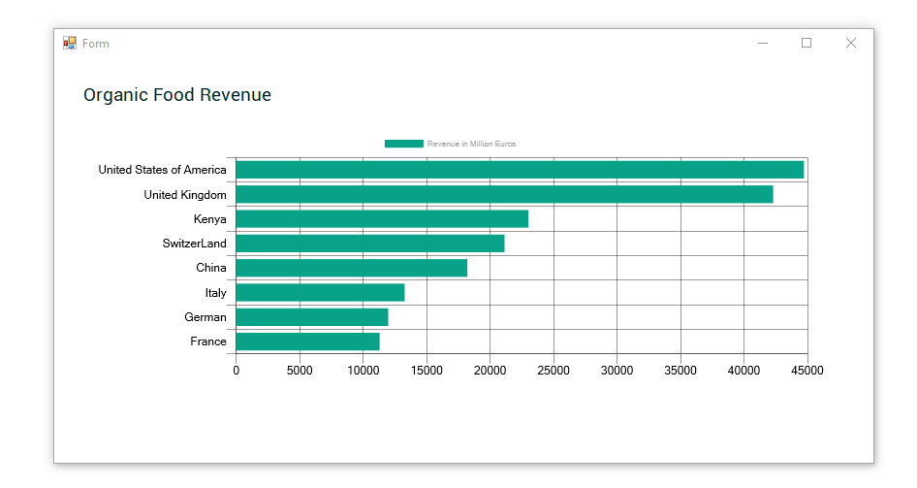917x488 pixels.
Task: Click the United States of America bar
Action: pos(520,170)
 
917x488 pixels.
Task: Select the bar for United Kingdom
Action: pos(505,194)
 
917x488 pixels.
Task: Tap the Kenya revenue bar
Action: pos(383,219)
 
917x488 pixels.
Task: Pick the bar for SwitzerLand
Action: pos(370,244)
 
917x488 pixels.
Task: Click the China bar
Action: pos(352,268)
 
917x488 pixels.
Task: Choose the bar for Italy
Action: pos(321,293)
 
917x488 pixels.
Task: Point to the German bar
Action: pos(312,317)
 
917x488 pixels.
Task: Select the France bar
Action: pos(307,342)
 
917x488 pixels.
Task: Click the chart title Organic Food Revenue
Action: pos(177,95)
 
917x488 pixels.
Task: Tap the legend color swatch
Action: pos(404,144)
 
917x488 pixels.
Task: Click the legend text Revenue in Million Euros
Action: pos(471,144)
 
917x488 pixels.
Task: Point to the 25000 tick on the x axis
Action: pos(553,371)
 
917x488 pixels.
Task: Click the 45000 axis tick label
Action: pos(807,371)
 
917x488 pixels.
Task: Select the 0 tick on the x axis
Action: pos(237,371)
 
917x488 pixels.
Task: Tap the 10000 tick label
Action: pos(364,371)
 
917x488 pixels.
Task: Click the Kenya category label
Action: pos(210,219)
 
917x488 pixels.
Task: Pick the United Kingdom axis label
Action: pos(185,195)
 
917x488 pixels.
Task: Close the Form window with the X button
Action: pos(851,43)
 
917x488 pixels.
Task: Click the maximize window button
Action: pos(806,43)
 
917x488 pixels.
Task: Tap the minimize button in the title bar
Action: pos(763,43)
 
